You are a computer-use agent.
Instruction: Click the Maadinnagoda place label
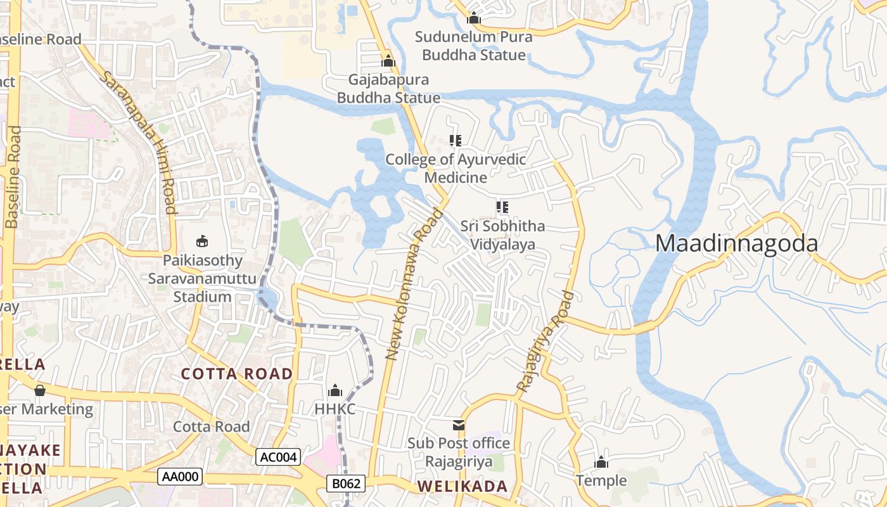coord(736,243)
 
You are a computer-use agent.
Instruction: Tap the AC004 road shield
coord(278,457)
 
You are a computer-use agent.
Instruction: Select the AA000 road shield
coord(180,477)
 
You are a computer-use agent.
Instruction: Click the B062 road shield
coord(347,484)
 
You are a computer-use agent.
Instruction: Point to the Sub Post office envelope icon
coord(458,425)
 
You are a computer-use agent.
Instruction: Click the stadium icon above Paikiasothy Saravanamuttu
coord(202,241)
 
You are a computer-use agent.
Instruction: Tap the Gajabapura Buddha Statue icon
coord(388,61)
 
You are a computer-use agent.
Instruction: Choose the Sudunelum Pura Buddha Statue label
coord(473,46)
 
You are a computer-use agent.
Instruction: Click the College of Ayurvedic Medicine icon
coord(455,140)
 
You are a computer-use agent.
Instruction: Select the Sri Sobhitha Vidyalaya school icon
coord(503,207)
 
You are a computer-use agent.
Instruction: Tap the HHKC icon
coord(335,390)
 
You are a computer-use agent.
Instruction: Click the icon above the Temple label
coord(601,462)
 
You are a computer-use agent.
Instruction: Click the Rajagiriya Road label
coord(545,341)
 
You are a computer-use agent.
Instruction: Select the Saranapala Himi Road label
coord(139,141)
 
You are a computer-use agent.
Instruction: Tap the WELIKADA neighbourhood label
coord(463,487)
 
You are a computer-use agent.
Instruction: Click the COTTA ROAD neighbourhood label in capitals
coord(237,373)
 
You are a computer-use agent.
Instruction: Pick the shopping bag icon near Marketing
coord(39,390)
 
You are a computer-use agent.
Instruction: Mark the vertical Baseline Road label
coord(13,177)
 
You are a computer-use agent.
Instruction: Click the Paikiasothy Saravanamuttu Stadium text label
coord(202,278)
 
